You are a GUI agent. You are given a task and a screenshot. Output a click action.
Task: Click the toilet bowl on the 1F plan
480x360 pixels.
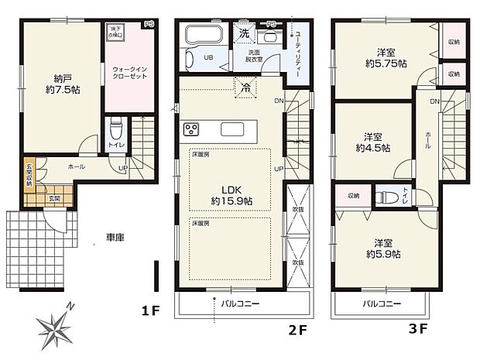point(115,126)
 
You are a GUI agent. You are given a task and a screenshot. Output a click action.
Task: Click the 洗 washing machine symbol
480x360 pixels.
point(244,35)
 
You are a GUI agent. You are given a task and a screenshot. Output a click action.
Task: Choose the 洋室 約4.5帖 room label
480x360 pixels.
point(373,140)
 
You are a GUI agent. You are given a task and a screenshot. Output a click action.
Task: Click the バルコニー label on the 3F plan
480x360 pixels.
point(380,304)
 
